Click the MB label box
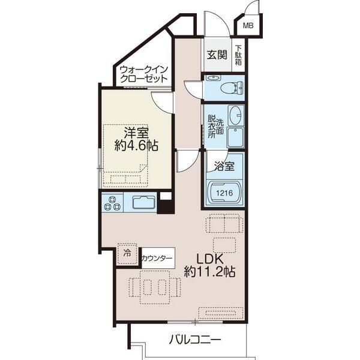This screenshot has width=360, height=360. tap(247, 26)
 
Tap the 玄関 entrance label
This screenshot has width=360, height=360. tap(217, 55)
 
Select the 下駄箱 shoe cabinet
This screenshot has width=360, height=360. tap(239, 56)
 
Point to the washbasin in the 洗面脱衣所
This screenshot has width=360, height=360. tap(236, 113)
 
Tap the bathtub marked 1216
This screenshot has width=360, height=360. tap(225, 193)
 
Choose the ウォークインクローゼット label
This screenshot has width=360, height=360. tap(143, 74)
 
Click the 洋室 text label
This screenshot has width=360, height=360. tap(136, 132)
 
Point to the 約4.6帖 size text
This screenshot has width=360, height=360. tap(136, 146)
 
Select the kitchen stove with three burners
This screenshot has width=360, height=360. tap(112, 204)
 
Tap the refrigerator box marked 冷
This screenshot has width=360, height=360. tap(127, 253)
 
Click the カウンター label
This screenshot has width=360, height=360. tap(158, 259)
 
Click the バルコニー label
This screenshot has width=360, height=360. tap(194, 340)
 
